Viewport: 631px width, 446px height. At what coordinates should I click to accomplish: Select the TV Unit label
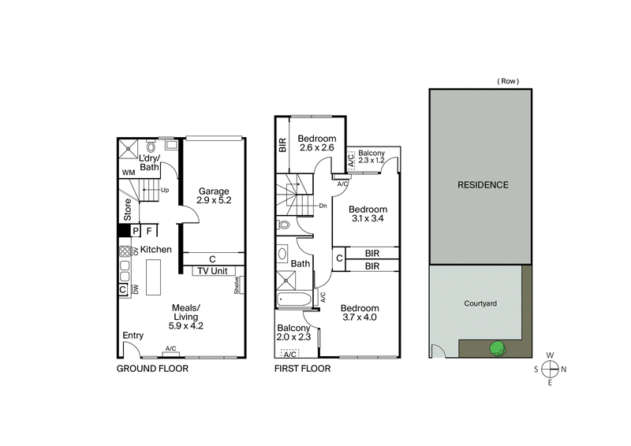(x=213, y=270)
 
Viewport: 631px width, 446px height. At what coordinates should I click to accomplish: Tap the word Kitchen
(x=156, y=250)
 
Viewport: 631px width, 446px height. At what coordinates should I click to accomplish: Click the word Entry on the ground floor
(x=133, y=336)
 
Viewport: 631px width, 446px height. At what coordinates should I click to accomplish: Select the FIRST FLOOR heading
(x=302, y=368)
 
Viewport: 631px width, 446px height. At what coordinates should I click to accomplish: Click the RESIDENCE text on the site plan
(x=482, y=185)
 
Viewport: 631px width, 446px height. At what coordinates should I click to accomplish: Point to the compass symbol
(x=551, y=368)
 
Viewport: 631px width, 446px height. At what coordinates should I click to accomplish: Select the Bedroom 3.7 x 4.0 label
(x=359, y=313)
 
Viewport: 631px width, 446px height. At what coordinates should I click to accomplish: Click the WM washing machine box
(x=128, y=172)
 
